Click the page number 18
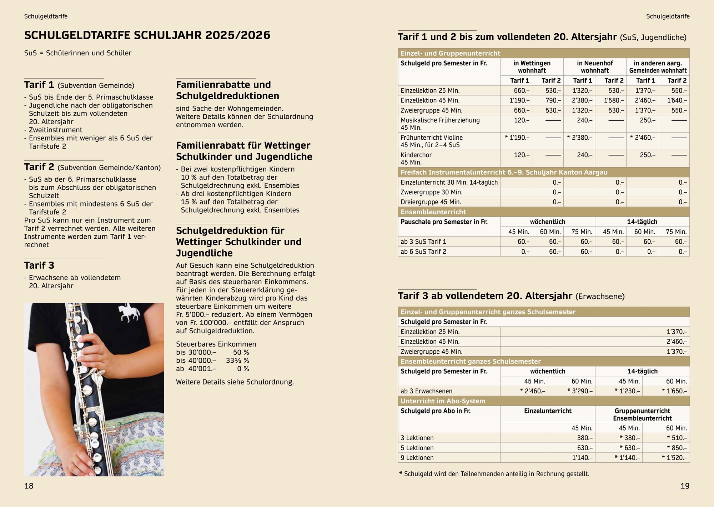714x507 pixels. pos(29,486)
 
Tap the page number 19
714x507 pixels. pos(685,486)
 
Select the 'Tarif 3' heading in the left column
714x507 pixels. pos(39,265)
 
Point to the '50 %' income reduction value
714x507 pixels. pos(241,352)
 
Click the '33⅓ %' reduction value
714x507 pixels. pos(237,361)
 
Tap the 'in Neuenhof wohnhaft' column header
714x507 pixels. pos(595,67)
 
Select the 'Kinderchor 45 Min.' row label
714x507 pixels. pos(416,158)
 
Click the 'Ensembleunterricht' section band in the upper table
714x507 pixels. pos(433,212)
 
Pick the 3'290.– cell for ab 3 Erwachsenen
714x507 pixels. pos(580,391)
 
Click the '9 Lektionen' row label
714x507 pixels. pos(417,458)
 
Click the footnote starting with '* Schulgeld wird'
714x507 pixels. pos(494,474)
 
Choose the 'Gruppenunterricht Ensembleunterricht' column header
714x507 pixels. pos(642,414)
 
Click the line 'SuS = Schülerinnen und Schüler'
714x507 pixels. pos(78,53)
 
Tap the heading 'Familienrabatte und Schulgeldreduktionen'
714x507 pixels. pos(227,90)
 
